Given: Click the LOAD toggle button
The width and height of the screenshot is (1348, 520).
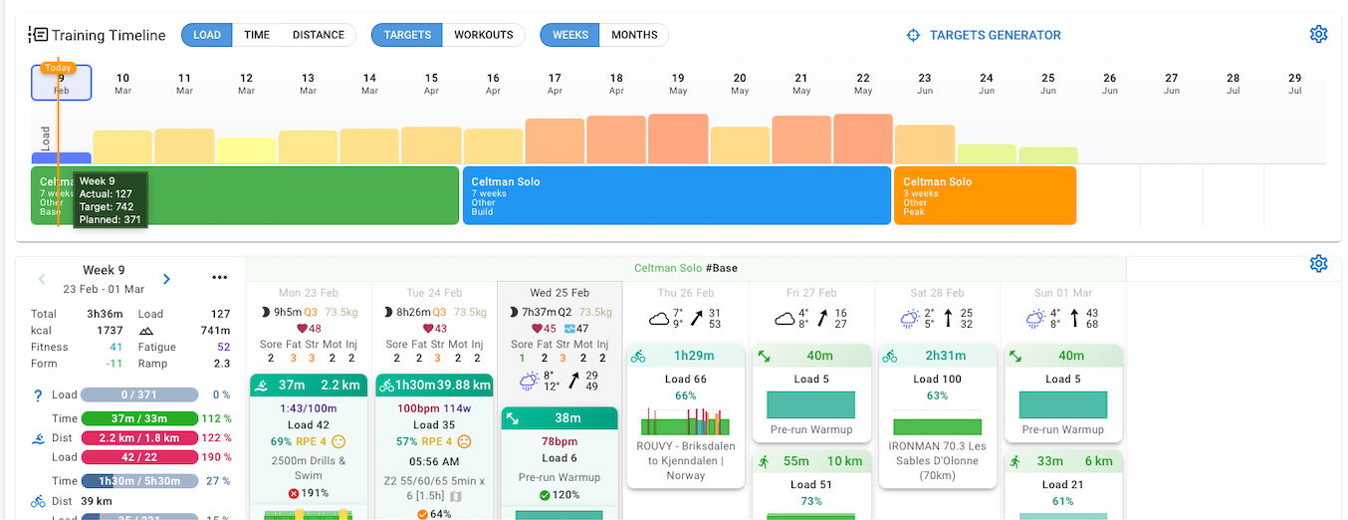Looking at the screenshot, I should point(207,35).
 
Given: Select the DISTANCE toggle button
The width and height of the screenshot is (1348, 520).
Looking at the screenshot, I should point(319,35).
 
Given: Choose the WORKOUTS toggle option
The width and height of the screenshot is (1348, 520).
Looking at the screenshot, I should point(484,35).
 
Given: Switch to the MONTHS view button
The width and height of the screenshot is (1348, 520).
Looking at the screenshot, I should point(634,35).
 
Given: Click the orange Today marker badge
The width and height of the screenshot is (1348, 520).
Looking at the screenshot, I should point(59,68).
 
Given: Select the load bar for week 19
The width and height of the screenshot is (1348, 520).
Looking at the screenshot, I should point(678,138).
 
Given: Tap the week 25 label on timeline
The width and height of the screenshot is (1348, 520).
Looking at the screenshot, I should point(1048,83).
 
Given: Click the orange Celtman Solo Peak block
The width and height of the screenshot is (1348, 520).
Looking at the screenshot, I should point(985,195).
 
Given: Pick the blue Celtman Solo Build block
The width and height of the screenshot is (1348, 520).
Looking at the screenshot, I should point(677,195).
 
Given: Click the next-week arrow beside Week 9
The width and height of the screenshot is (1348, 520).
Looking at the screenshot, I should point(166,279).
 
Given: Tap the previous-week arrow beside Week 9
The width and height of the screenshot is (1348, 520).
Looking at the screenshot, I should point(42,279).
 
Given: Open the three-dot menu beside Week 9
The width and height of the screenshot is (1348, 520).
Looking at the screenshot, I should point(220,278).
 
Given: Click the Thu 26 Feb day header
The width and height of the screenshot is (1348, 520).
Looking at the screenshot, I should point(685,293).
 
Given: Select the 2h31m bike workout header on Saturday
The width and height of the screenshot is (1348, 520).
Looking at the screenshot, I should point(937,356).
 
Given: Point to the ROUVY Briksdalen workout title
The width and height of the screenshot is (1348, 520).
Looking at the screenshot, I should point(685,460).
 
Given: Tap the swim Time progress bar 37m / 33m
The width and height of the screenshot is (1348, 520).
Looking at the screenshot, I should point(138,419).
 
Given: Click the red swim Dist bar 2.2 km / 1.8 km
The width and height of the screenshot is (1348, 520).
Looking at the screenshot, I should point(138,438).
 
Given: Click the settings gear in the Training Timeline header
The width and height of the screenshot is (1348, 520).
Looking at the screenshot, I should point(1318,35).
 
